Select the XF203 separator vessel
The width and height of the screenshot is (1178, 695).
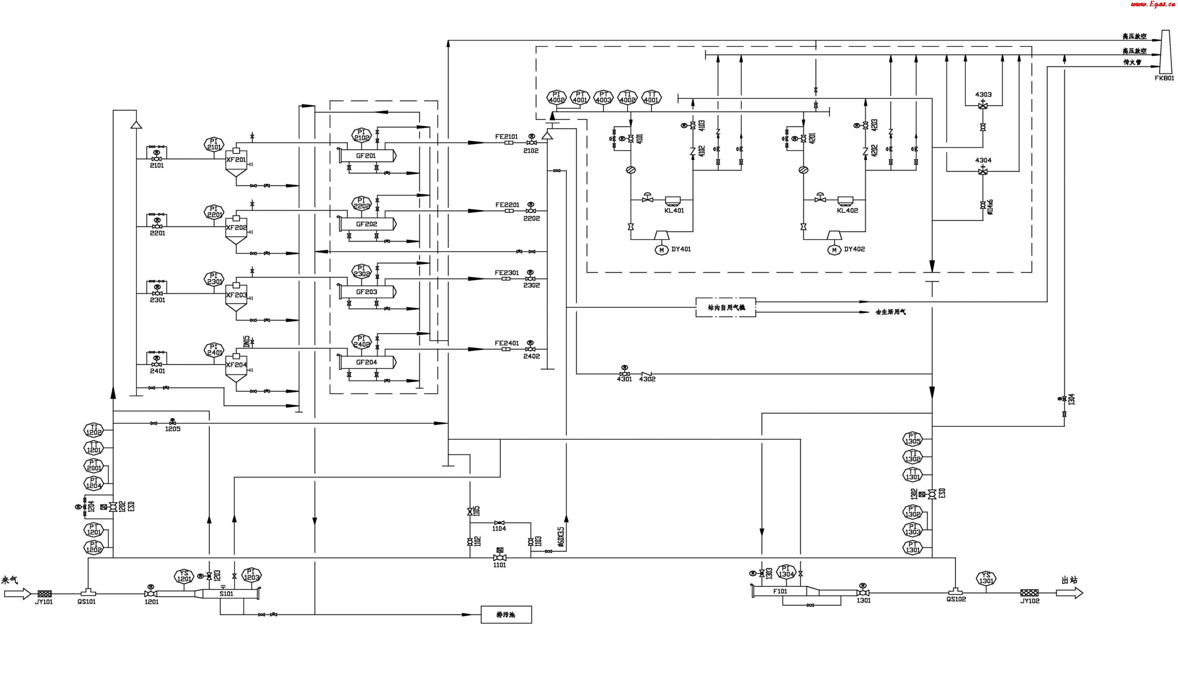pos(236,296)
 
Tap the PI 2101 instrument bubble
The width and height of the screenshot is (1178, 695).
pos(214,144)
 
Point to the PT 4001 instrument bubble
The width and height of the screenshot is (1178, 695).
pos(580,97)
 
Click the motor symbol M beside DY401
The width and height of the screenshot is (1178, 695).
pos(661,250)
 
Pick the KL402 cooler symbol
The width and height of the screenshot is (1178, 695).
pos(845,201)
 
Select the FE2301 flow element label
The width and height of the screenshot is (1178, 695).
pos(507,273)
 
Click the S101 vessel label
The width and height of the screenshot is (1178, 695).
pos(226,594)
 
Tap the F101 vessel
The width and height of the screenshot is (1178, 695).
pos(781,591)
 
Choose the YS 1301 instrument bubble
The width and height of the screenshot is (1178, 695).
pos(986,578)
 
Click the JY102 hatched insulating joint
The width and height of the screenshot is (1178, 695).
pos(1029,593)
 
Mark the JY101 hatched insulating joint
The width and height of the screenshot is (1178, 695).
pos(45,594)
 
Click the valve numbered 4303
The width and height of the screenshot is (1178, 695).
pos(983,106)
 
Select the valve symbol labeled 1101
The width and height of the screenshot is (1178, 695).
pos(500,558)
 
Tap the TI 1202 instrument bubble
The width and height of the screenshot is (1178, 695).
pos(94,430)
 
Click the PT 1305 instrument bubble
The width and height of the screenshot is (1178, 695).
pos(912,439)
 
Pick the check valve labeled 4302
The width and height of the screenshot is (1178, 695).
pos(647,373)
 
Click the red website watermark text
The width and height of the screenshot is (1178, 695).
pos(1152,5)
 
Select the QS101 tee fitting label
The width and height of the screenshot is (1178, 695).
pos(87,602)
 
